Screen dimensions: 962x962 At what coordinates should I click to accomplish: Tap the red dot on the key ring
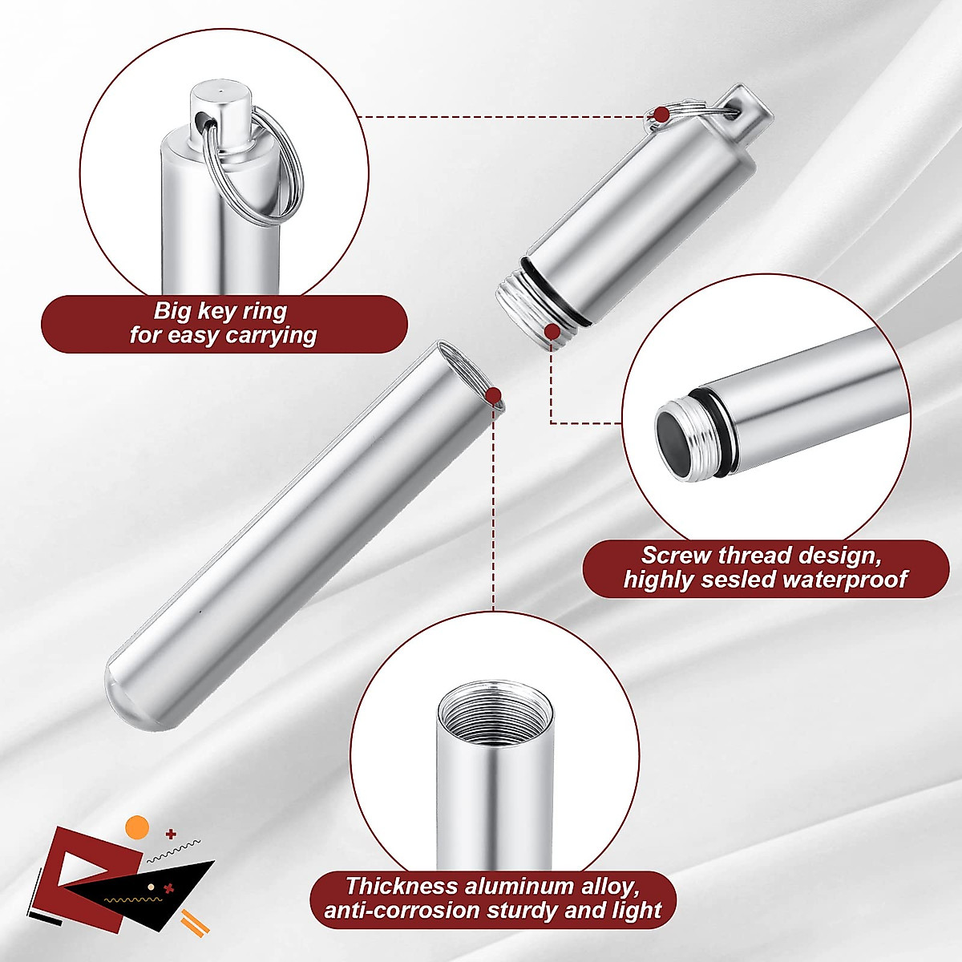point(661,115)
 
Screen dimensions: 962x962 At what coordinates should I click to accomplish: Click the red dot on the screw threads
point(552,330)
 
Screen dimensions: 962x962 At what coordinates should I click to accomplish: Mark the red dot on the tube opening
point(494,394)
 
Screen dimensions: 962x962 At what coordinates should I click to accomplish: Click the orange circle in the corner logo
point(138,827)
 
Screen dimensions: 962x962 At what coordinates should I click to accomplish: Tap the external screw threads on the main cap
point(525,313)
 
